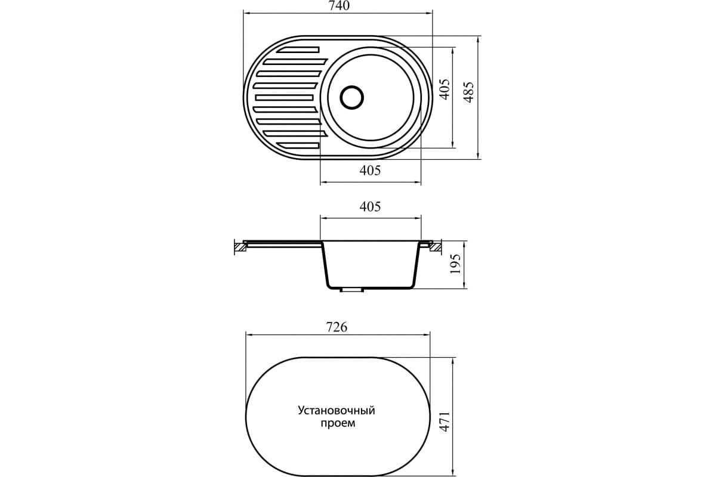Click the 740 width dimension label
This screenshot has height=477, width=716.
click(338, 5)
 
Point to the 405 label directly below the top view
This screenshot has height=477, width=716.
click(371, 171)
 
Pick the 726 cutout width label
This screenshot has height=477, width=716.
click(337, 327)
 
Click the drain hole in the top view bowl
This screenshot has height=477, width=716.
click(351, 97)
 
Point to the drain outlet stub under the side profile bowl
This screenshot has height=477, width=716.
click(352, 290)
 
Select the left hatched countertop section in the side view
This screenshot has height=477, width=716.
click(240, 246)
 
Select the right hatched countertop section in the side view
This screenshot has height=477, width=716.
click(436, 245)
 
